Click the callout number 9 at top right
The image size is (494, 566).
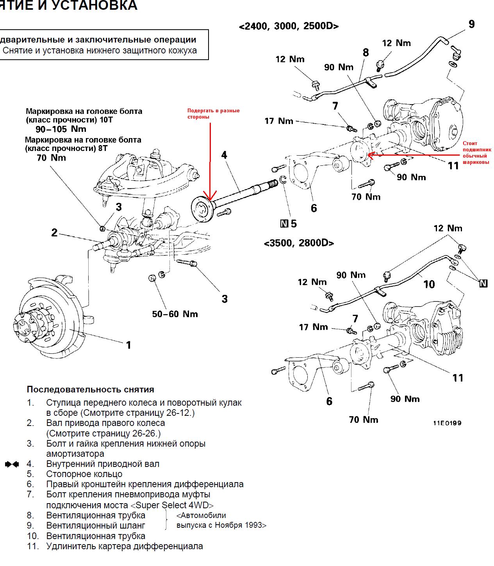471,24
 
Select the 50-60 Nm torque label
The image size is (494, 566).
175,314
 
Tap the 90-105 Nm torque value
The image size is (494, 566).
61,129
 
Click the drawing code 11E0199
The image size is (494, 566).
447,423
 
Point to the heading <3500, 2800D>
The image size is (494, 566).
299,243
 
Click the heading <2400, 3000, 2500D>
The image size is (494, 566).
289,26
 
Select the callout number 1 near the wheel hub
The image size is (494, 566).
128,345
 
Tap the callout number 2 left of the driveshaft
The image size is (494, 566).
54,233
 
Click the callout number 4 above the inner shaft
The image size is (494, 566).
224,155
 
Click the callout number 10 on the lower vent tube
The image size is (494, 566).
429,284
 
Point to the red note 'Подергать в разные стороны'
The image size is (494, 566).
213,114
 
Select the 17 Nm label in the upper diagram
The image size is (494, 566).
278,121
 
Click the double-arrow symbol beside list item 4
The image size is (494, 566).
12,464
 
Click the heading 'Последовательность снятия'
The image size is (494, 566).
90,389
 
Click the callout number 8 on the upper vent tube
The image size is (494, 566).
366,52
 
